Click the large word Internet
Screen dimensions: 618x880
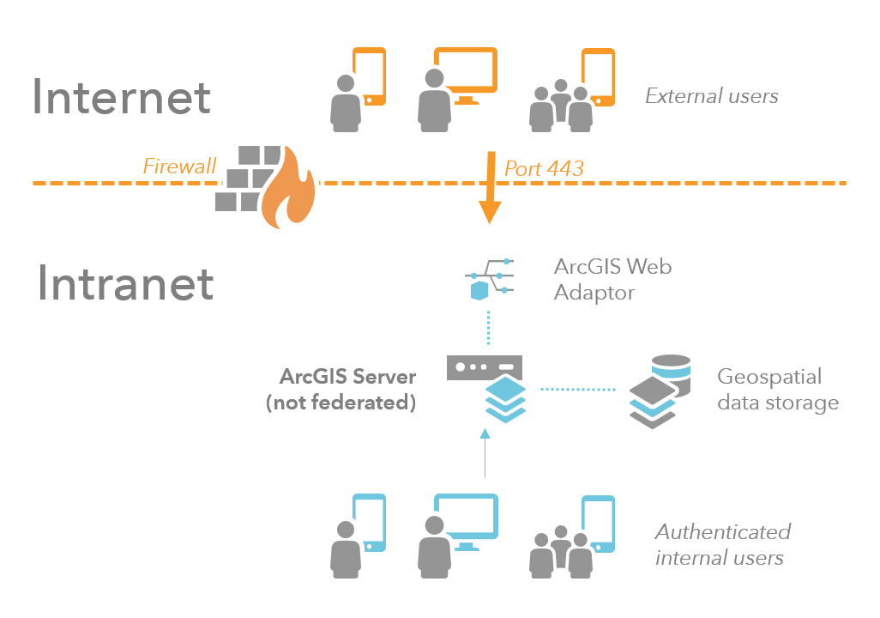tap(121, 98)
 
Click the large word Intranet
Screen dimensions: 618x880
tap(125, 284)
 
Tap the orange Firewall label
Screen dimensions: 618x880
tap(179, 166)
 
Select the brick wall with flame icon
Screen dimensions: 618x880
tap(265, 185)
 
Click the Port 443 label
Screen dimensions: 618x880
tap(544, 167)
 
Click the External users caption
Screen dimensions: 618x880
tap(711, 96)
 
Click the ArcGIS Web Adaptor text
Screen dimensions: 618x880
tap(612, 279)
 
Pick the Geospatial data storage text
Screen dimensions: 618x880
tap(777, 389)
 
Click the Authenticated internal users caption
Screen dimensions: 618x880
tap(721, 544)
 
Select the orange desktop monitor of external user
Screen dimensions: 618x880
tap(466, 71)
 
